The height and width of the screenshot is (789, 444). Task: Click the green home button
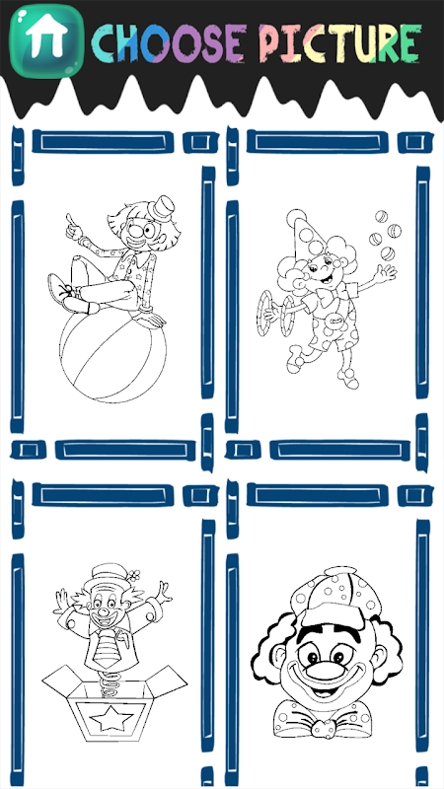point(46,41)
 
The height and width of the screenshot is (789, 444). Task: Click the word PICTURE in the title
point(339,42)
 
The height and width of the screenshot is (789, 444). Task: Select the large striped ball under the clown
point(112,355)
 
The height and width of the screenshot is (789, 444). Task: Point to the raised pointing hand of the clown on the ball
point(75,227)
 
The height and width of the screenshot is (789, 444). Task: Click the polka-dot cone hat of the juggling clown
point(306,236)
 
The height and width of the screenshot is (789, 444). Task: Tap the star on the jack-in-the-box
point(111,720)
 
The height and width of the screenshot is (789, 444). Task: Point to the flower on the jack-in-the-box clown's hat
point(133,574)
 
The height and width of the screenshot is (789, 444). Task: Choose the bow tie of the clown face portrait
point(323,722)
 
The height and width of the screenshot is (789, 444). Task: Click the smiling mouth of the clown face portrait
point(323,685)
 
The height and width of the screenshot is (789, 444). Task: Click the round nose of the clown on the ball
point(136,232)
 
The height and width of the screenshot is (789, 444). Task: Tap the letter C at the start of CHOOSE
point(105,43)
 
